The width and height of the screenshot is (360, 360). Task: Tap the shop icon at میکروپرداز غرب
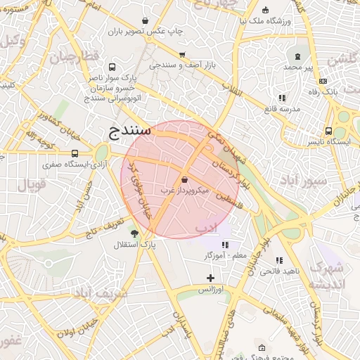[184, 180]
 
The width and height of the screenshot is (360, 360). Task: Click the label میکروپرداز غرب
[185, 191]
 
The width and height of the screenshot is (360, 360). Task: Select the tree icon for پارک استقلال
[134, 233]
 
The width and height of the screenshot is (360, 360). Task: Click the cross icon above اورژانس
[210, 278]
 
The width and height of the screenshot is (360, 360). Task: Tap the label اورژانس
[210, 290]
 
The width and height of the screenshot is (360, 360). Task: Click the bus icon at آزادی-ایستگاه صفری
[75, 153]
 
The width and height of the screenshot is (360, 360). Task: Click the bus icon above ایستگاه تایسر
[328, 131]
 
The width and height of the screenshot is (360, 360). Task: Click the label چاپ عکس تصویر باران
[146, 32]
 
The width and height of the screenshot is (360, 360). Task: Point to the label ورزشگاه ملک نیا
[265, 21]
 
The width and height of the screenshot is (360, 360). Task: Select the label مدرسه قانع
[281, 109]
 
